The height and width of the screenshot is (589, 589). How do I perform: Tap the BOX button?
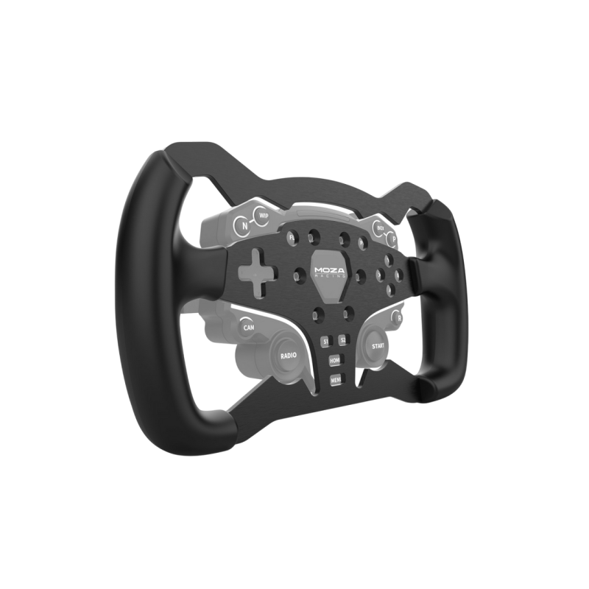(381, 228)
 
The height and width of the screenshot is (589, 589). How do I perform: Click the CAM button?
(248, 326)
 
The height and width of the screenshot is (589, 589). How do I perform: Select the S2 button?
(342, 340)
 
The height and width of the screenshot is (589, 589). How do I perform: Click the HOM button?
(335, 361)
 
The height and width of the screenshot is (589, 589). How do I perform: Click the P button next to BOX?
(394, 239)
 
